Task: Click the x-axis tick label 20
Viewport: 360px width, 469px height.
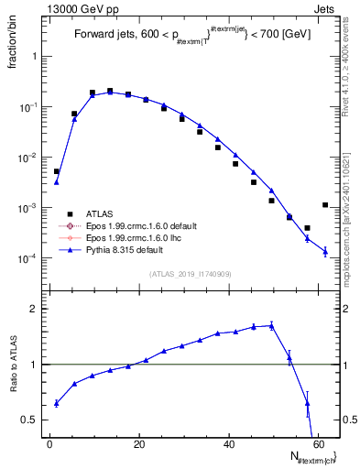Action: pyautogui.click(x=138, y=443)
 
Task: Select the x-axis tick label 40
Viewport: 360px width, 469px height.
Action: pyautogui.click(x=228, y=443)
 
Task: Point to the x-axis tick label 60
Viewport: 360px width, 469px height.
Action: pyautogui.click(x=317, y=443)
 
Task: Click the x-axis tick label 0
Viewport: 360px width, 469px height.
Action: pyautogui.click(x=49, y=443)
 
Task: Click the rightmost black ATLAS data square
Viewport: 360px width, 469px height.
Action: pyautogui.click(x=325, y=205)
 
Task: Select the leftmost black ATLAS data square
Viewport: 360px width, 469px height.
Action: pyautogui.click(x=56, y=171)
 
